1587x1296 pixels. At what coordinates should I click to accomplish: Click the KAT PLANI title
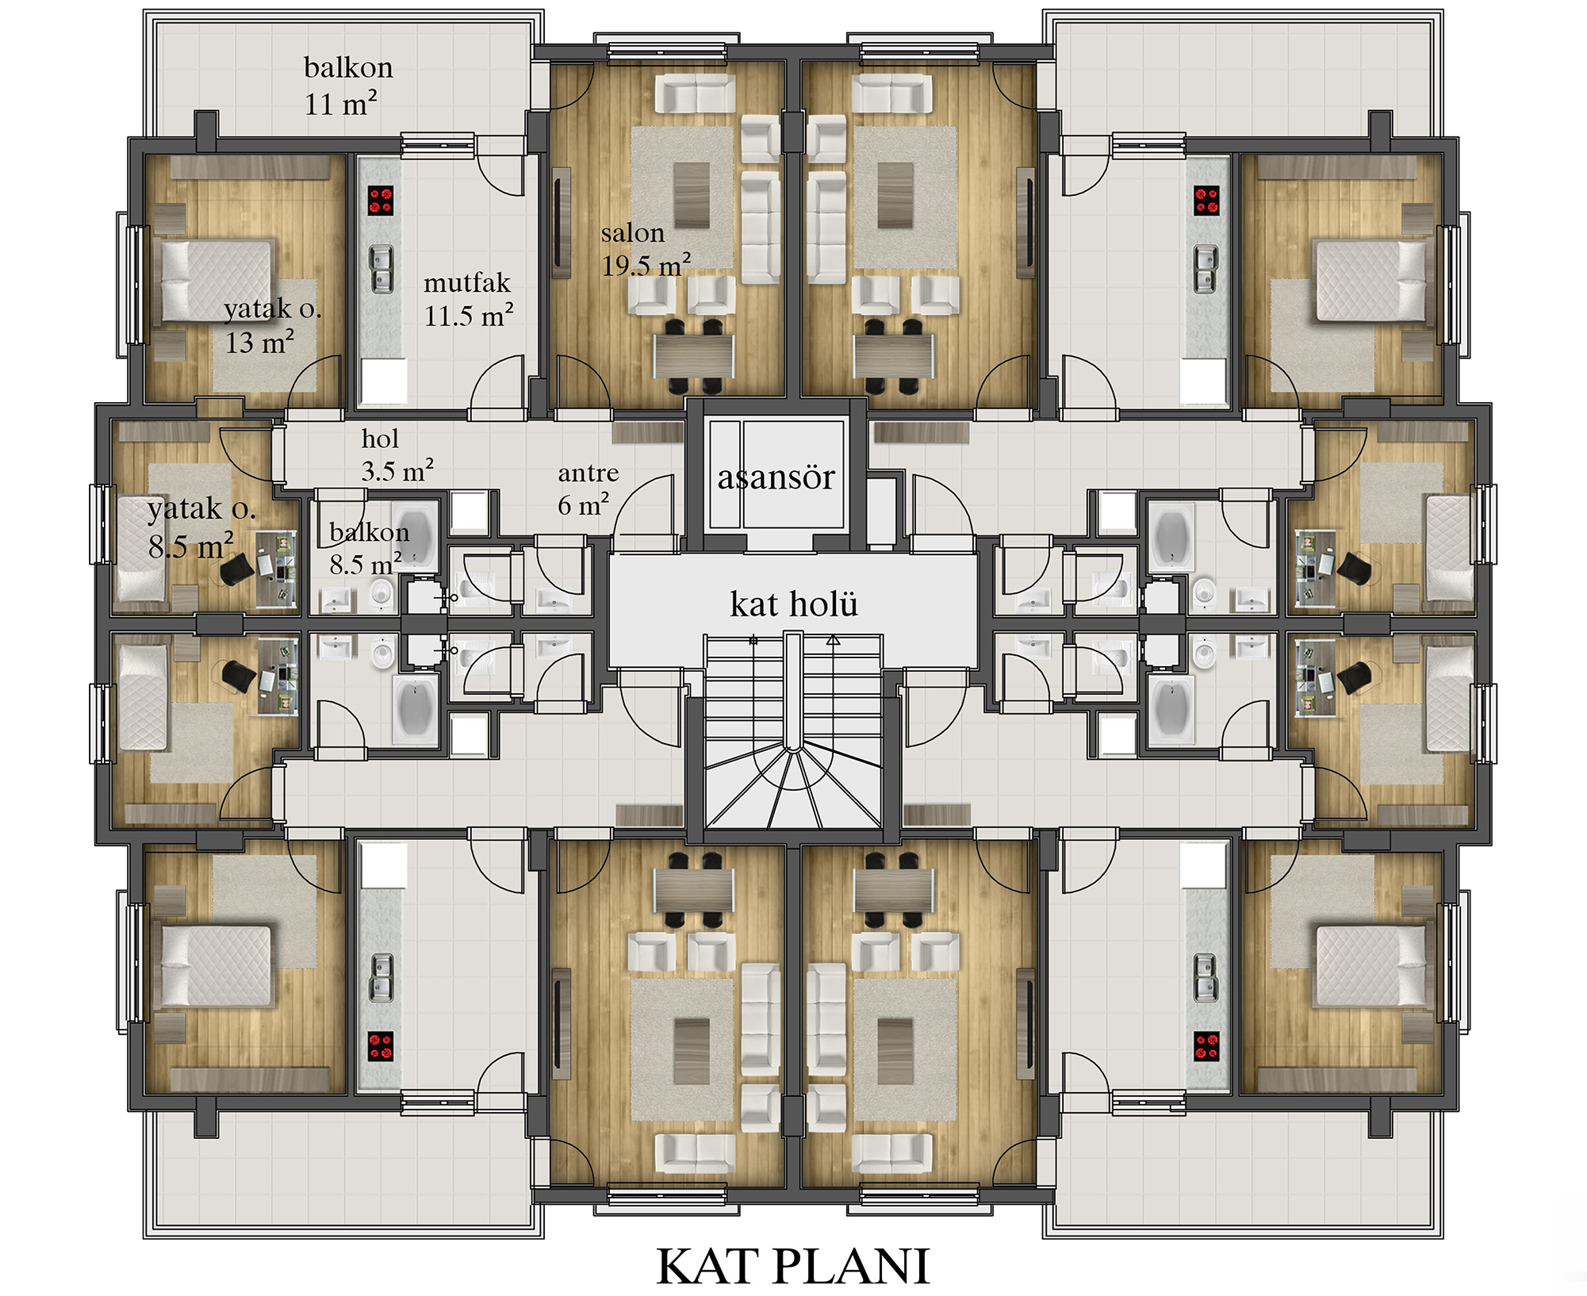coord(792,1266)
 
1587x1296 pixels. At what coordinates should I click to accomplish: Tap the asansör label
coord(776,477)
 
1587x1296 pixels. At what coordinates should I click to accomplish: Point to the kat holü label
coord(794,604)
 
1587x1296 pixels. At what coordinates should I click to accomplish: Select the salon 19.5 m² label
coord(646,249)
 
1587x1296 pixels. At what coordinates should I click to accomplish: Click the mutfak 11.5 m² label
coord(469,300)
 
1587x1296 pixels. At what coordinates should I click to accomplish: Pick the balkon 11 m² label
coord(348,86)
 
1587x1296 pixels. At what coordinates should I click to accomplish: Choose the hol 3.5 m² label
coord(397,454)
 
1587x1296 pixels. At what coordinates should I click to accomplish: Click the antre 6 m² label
coord(588,489)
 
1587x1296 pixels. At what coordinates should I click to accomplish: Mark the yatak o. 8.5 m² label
coord(201,527)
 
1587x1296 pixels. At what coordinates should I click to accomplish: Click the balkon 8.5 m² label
coord(369,547)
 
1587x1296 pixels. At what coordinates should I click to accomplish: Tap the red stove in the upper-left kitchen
coord(381,200)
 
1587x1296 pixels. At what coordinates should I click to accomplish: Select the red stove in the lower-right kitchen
coord(1207,1047)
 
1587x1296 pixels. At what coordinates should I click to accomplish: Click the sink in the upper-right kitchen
coord(1206,269)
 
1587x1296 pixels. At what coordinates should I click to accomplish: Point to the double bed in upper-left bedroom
coord(217,281)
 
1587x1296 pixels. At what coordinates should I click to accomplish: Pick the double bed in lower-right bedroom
coord(1370,966)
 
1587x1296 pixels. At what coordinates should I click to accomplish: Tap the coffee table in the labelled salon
coord(692,195)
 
